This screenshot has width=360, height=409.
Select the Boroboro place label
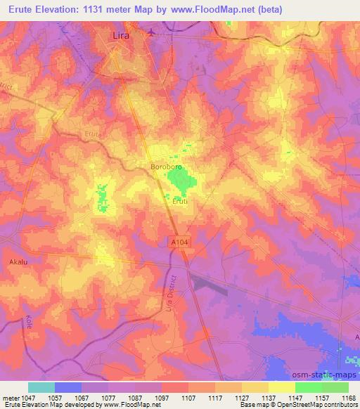click(x=167, y=167)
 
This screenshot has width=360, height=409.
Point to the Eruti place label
click(x=181, y=202)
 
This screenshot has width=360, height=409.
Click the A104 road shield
click(x=180, y=241)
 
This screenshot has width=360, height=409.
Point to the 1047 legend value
click(x=19, y=397)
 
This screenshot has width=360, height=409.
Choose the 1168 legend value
click(x=349, y=397)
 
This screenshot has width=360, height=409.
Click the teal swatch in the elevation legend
click(x=41, y=387)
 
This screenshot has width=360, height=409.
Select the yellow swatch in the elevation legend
click(x=282, y=387)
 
